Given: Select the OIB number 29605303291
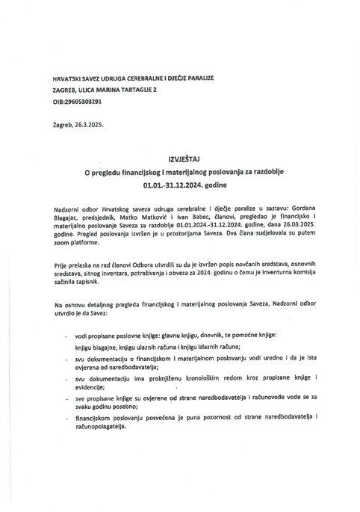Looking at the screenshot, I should click(x=84, y=101).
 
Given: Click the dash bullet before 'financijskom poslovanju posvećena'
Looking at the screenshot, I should click(x=69, y=418).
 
